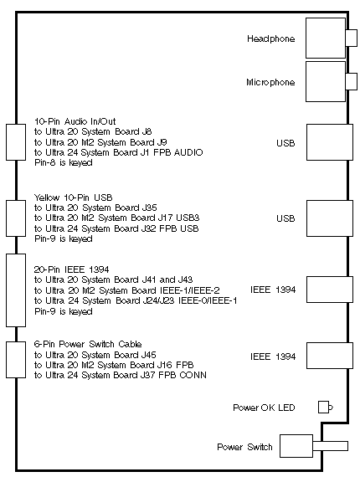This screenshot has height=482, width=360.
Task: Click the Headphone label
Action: pos(271,38)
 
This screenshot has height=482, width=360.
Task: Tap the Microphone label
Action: pos(270,82)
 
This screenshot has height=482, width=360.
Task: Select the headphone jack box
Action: pos(326,38)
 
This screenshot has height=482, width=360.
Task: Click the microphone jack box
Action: pos(326,81)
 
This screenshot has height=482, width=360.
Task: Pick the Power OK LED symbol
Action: pos(326,408)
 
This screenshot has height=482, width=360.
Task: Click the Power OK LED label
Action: pos(264,408)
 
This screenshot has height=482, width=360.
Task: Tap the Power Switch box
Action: pos(296,446)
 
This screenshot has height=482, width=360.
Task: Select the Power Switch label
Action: pos(244,447)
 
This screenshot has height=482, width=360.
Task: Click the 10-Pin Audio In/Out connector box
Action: pos(16,142)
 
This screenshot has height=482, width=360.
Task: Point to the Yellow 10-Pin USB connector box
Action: pos(16,218)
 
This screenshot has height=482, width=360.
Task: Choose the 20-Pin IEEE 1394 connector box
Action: pos(16,290)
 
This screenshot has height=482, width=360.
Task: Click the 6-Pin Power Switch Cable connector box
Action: pos(16,360)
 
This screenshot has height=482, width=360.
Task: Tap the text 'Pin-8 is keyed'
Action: pos(64,162)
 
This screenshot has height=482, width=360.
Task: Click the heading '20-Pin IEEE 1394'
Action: pos(71,269)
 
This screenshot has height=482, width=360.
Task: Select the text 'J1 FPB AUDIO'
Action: pos(172,152)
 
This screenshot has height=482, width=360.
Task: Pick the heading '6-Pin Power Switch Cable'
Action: pos(88,344)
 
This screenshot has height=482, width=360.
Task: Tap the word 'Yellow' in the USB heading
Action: pos(48,197)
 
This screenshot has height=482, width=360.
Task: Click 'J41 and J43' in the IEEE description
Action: pos(167,279)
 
